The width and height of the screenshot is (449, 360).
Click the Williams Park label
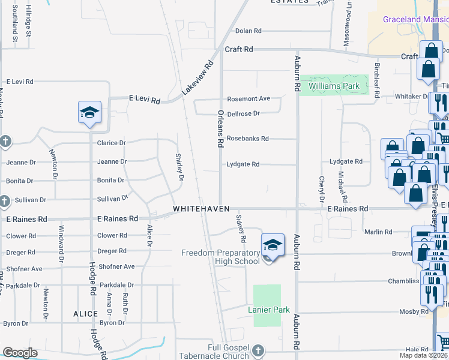334,86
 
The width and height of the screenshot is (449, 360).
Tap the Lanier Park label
269,310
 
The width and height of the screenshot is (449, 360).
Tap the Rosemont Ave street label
248,98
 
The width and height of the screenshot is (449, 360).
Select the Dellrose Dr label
243,113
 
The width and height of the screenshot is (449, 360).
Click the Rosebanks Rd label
247,139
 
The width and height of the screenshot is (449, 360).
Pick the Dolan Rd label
249,31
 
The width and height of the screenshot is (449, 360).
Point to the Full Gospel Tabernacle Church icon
258,350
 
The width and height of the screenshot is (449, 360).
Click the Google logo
20,353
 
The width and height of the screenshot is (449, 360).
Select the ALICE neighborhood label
85,314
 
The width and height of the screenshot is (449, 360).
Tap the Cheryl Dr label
322,189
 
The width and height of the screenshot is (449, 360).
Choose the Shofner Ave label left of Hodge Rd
24,268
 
